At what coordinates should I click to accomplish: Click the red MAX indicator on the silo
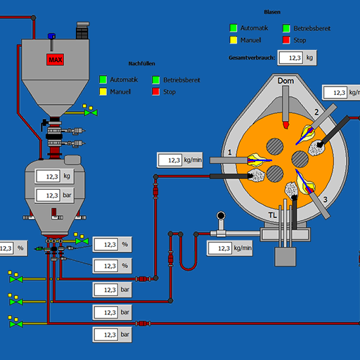[55, 60]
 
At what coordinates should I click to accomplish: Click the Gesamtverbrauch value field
[291, 58]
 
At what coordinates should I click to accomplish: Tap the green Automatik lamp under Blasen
[233, 28]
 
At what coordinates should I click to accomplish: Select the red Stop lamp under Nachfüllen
[156, 91]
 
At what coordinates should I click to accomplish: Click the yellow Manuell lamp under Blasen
[233, 40]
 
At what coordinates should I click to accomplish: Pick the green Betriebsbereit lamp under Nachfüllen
[156, 80]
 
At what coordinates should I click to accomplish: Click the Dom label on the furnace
[285, 81]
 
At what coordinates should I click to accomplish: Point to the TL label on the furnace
[273, 215]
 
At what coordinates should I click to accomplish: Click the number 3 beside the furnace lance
[326, 200]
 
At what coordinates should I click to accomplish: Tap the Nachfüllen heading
[142, 63]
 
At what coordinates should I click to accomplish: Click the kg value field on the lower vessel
[49, 176]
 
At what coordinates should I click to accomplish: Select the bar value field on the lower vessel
[49, 195]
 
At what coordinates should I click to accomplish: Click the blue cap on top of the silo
[51, 36]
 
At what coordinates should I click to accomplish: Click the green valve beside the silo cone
[91, 112]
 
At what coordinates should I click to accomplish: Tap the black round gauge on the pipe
[221, 215]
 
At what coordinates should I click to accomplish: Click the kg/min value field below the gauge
[220, 248]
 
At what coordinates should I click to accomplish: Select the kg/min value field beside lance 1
[170, 160]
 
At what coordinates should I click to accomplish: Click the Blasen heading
[272, 12]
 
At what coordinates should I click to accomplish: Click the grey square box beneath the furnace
[285, 257]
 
